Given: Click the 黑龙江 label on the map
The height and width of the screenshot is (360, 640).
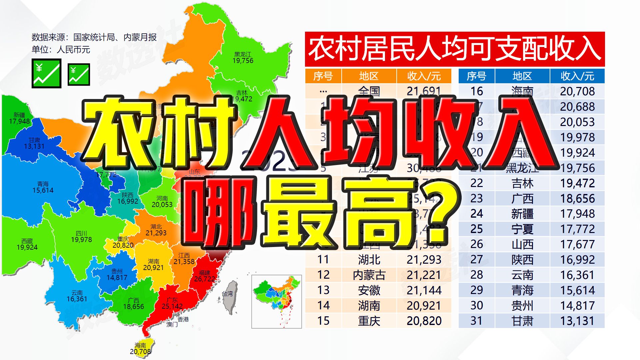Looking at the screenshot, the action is pos(243,54).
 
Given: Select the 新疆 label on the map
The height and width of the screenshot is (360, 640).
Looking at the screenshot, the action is pos(19,115).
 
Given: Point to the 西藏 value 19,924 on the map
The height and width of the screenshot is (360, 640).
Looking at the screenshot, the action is pos(27,247).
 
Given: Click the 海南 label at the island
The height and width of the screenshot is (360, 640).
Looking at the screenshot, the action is pos(140,345).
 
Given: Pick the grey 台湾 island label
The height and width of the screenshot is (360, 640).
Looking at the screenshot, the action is pos(227,294).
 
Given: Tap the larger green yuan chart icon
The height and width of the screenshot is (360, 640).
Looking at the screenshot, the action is pos(46,73).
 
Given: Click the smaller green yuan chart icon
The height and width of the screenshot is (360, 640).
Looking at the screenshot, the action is pos(79,74).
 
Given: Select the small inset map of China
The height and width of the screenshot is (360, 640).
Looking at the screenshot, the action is pos(276,301).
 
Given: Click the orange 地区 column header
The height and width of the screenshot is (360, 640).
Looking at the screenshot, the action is pos(369,76).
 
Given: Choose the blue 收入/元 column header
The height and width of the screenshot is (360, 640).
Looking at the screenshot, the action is pos(577,76).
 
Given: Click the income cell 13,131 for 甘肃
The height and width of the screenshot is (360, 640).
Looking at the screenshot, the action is pos(577,321).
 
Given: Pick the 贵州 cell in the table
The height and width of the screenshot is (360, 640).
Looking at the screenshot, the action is pos(522,305).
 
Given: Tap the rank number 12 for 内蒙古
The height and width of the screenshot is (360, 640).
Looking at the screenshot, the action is pos(323,275).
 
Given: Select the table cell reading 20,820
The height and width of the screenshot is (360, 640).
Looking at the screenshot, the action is pos(424,321).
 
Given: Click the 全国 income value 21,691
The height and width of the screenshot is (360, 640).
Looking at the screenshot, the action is pos(424,91).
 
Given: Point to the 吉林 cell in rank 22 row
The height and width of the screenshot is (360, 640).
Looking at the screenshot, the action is pos(522,183).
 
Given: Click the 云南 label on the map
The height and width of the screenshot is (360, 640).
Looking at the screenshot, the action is pos(77,293).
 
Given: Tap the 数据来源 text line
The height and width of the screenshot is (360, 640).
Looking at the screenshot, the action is pos(94,37).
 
